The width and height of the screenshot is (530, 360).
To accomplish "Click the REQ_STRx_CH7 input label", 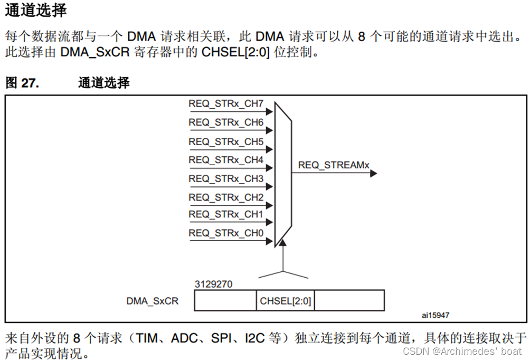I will coord(226,103).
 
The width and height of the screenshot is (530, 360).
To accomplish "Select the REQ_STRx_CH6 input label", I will coord(226,122).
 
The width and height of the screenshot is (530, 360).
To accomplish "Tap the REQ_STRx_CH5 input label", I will coord(226,141).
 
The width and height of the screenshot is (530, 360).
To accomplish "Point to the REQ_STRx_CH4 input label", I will coord(226,160).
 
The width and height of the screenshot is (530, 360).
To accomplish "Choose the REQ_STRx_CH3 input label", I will coord(226,179).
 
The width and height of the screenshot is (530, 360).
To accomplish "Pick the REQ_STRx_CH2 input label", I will coord(226,197).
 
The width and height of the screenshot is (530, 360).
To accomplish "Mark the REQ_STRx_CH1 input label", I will coord(226,214).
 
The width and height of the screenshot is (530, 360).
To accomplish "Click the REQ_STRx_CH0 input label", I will coord(226,233).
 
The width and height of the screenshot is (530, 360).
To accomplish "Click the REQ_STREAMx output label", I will coord(334,165).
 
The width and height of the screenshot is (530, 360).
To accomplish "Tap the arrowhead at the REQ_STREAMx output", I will coord(373,173).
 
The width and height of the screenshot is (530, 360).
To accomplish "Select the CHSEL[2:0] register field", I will coord(285,301).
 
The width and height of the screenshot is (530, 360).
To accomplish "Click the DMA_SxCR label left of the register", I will coord(152,301).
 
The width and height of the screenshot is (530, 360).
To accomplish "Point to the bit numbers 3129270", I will coord(213,284).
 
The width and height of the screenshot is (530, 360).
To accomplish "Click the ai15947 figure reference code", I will coord(436,315).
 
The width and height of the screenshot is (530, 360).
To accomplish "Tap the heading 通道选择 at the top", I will coord(36,11).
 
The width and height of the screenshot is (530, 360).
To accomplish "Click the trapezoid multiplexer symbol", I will coord(283,174).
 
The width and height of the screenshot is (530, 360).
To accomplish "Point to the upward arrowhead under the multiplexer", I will coord(283,243).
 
